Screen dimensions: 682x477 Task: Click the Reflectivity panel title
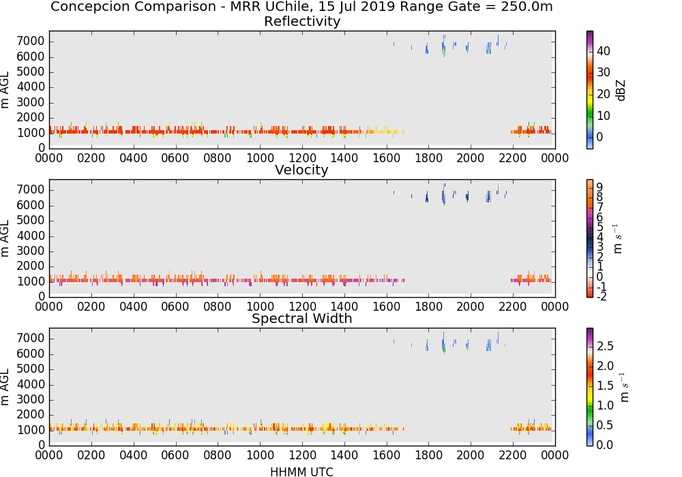click(x=302, y=21)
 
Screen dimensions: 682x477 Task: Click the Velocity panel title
click(x=301, y=170)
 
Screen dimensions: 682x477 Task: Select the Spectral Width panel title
click(x=302, y=318)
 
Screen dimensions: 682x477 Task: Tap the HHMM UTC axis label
click(x=301, y=472)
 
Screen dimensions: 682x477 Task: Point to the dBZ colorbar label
click(x=621, y=91)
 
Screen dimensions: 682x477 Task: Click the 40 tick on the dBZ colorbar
click(x=604, y=51)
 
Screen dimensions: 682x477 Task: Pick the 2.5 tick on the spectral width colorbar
click(x=605, y=346)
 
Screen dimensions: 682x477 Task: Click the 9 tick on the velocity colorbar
click(x=599, y=187)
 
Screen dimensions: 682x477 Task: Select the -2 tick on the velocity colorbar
click(x=601, y=296)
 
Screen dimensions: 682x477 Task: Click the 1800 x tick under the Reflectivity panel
click(x=428, y=158)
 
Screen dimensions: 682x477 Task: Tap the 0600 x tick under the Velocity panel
click(x=175, y=307)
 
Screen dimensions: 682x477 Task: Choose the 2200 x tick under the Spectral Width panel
click(x=513, y=455)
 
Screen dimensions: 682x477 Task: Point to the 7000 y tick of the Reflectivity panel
click(x=31, y=42)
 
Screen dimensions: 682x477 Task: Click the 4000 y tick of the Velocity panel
click(x=31, y=236)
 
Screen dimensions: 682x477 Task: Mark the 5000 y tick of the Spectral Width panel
click(x=31, y=369)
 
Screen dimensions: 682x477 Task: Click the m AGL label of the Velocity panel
click(x=5, y=238)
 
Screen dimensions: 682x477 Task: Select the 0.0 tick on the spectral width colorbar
click(x=605, y=445)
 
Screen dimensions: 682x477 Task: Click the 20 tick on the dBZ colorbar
click(x=604, y=94)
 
